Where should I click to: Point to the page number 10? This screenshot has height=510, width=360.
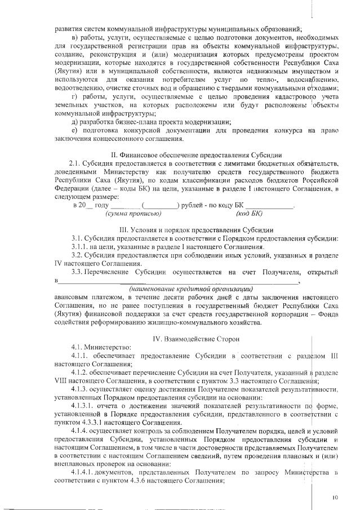point(335,497)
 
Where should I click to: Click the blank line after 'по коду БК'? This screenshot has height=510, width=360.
point(270,205)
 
